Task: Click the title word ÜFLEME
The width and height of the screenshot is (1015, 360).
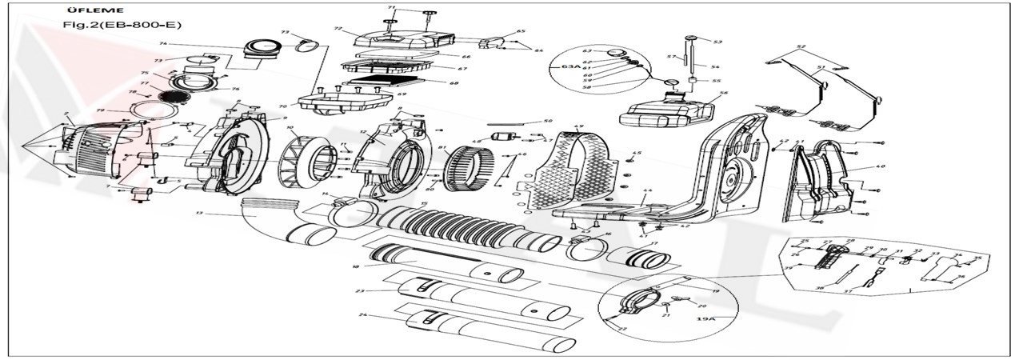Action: [x=82, y=10]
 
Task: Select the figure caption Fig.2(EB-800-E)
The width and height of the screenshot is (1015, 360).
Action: [x=122, y=25]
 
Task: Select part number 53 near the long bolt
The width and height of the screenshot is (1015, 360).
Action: [x=717, y=42]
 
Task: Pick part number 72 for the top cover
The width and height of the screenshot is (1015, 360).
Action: [x=338, y=29]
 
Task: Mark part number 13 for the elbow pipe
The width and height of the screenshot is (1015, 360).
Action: [x=199, y=214]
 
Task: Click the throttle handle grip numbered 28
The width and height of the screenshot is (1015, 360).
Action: [x=826, y=258]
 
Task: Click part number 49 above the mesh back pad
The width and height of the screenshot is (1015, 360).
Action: [x=579, y=127]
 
